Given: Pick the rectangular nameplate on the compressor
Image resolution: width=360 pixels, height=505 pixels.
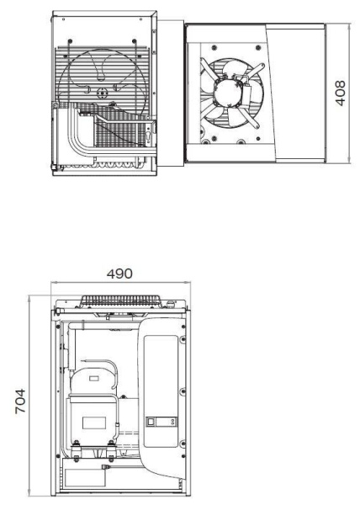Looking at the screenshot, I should [88, 388].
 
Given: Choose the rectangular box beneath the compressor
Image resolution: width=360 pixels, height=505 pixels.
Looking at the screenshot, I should [84, 478].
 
